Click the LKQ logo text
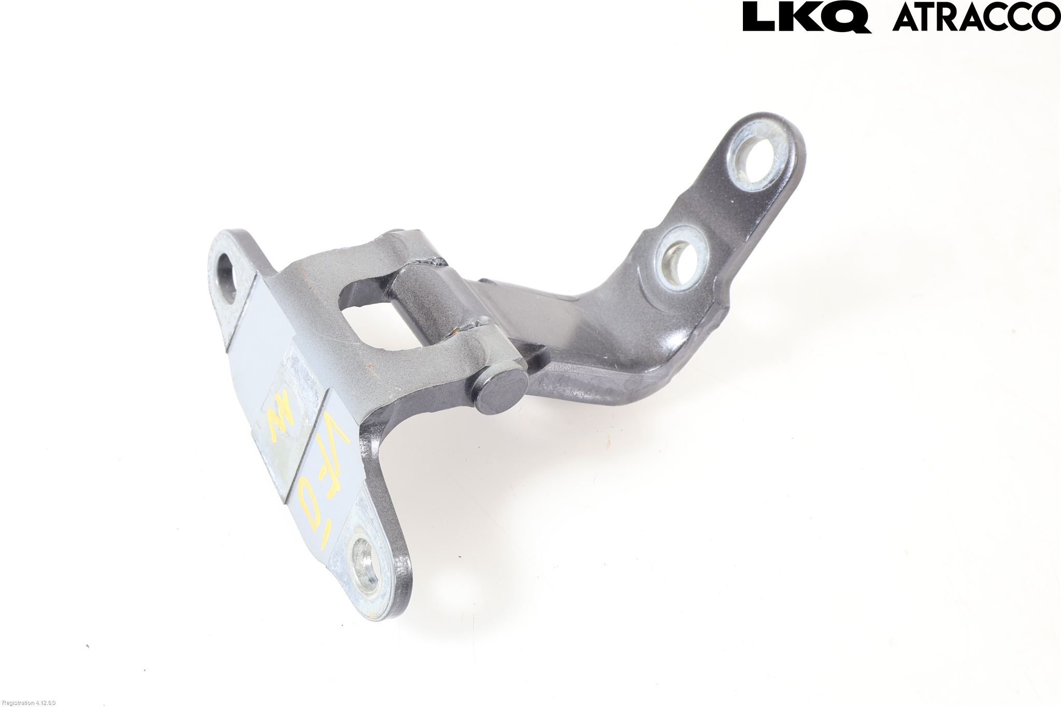pos(806,18)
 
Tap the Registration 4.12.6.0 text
pos(28,702)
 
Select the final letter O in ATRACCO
pos(1046,17)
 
